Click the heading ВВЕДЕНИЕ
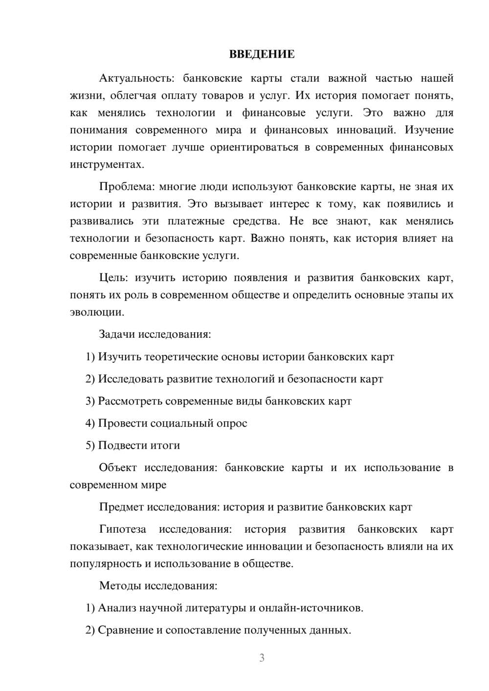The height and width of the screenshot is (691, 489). pos(262,54)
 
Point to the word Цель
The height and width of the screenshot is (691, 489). pos(113,278)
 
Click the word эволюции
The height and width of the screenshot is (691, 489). pos(96,312)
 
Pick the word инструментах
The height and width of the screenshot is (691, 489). pos(107,164)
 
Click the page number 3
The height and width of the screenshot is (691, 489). pos(262,658)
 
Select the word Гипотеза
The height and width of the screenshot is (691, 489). pos(122,529)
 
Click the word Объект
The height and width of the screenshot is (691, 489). pos(118,468)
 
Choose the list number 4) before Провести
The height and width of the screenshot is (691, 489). pos(90,423)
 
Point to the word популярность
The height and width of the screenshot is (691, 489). pos(105,563)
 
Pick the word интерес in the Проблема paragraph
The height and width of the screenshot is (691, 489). pos(290,204)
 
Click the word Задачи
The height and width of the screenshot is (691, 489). pos(117,334)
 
